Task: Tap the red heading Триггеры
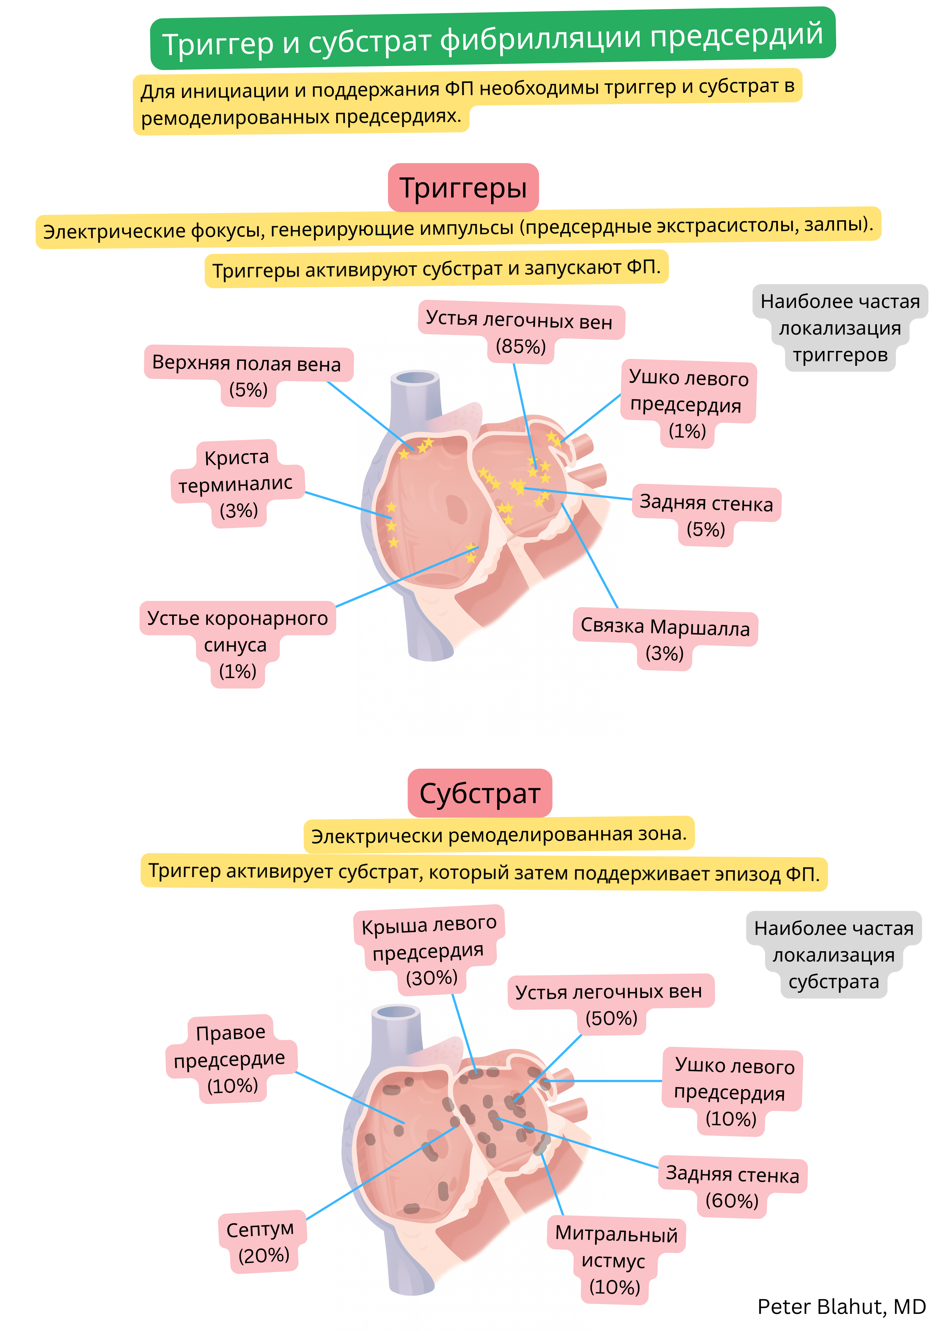pyautogui.click(x=463, y=188)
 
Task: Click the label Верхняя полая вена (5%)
pyautogui.click(x=247, y=375)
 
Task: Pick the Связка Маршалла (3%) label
pyautogui.click(x=665, y=638)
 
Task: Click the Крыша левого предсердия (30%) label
pyautogui.click(x=429, y=950)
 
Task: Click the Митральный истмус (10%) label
pyautogui.click(x=616, y=1260)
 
